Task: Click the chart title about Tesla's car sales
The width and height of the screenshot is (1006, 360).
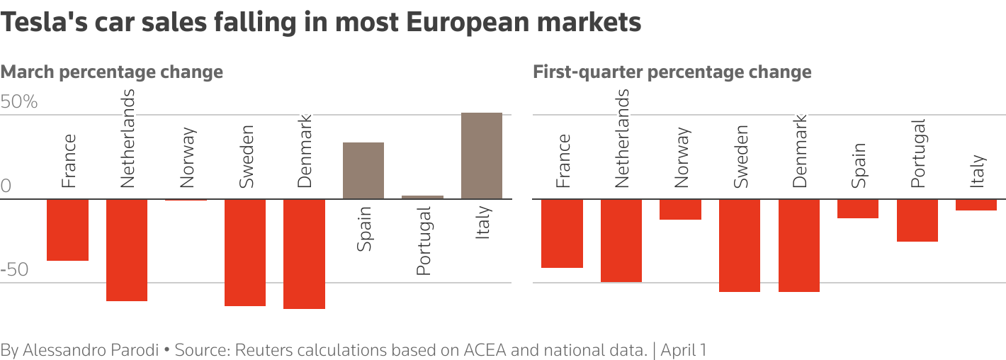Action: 321,23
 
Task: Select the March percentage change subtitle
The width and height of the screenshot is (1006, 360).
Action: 112,72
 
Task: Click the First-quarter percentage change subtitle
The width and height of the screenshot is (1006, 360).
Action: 672,72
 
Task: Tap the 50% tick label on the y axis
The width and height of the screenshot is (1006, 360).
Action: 19,103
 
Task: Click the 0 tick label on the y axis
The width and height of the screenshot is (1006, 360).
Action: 6,186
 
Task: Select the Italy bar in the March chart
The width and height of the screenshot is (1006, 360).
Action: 482,156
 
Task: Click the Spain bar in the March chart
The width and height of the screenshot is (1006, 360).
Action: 363,171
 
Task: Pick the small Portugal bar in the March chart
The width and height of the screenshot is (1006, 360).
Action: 423,197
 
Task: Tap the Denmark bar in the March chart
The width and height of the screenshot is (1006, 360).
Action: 304,254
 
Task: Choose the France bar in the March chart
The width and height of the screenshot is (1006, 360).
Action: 67,230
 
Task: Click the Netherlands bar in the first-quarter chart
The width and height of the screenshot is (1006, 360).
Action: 621,240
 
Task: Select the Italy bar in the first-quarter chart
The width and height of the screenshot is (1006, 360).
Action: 976,205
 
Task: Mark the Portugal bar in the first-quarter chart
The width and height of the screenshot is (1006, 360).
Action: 917,220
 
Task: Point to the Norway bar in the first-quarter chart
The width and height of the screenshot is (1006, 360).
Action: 681,209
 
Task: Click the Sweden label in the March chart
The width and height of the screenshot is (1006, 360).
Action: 246,157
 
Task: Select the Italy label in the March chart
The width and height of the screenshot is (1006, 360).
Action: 482,223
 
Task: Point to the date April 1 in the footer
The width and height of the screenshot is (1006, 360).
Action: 683,350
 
